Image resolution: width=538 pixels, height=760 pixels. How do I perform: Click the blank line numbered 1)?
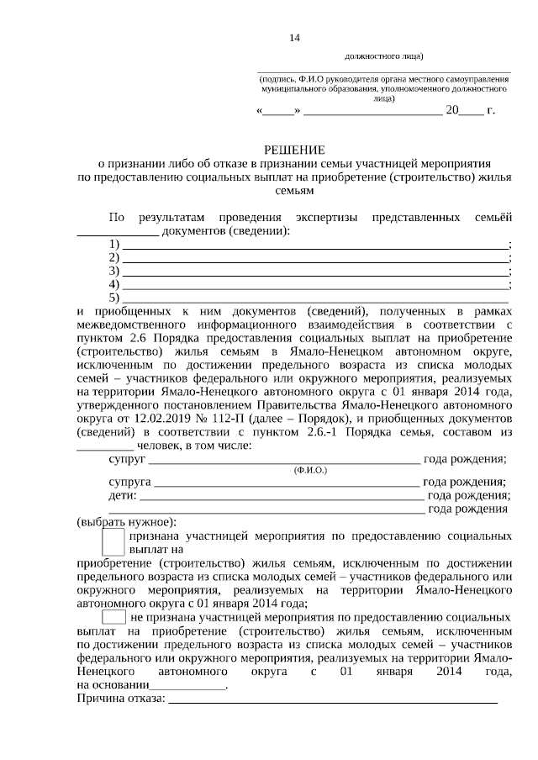pyautogui.click(x=316, y=244)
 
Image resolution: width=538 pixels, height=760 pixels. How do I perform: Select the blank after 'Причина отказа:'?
pyautogui.click(x=333, y=699)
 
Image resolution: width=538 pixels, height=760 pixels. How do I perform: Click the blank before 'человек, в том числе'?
pyautogui.click(x=105, y=446)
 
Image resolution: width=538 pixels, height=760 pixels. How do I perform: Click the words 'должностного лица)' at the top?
pyautogui.click(x=383, y=58)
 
